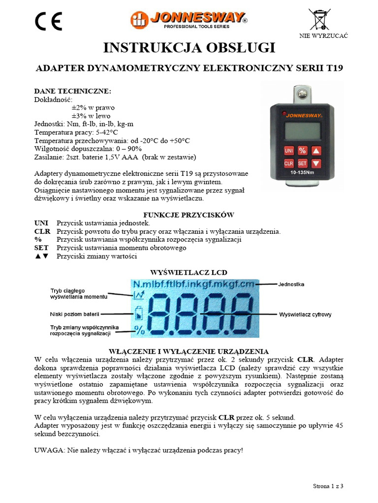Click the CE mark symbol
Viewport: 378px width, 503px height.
click(x=48, y=21)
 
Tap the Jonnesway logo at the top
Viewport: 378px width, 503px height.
click(x=189, y=20)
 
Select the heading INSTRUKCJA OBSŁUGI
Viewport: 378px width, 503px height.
click(x=189, y=48)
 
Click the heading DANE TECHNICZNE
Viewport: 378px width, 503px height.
click(x=72, y=91)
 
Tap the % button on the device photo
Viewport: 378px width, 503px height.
click(x=303, y=150)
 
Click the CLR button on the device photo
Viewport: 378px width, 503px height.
click(x=289, y=163)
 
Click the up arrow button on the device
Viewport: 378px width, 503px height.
click(x=316, y=150)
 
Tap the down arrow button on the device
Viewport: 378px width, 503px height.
click(x=316, y=163)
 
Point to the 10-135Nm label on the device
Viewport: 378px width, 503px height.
click(x=302, y=173)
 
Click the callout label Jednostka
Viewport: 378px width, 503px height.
click(x=291, y=284)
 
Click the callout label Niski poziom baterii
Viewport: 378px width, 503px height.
click(x=74, y=313)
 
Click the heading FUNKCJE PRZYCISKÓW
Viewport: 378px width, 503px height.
click(x=189, y=215)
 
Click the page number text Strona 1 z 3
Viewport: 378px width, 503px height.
click(x=328, y=486)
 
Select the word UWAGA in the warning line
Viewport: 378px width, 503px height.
click(x=49, y=450)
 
